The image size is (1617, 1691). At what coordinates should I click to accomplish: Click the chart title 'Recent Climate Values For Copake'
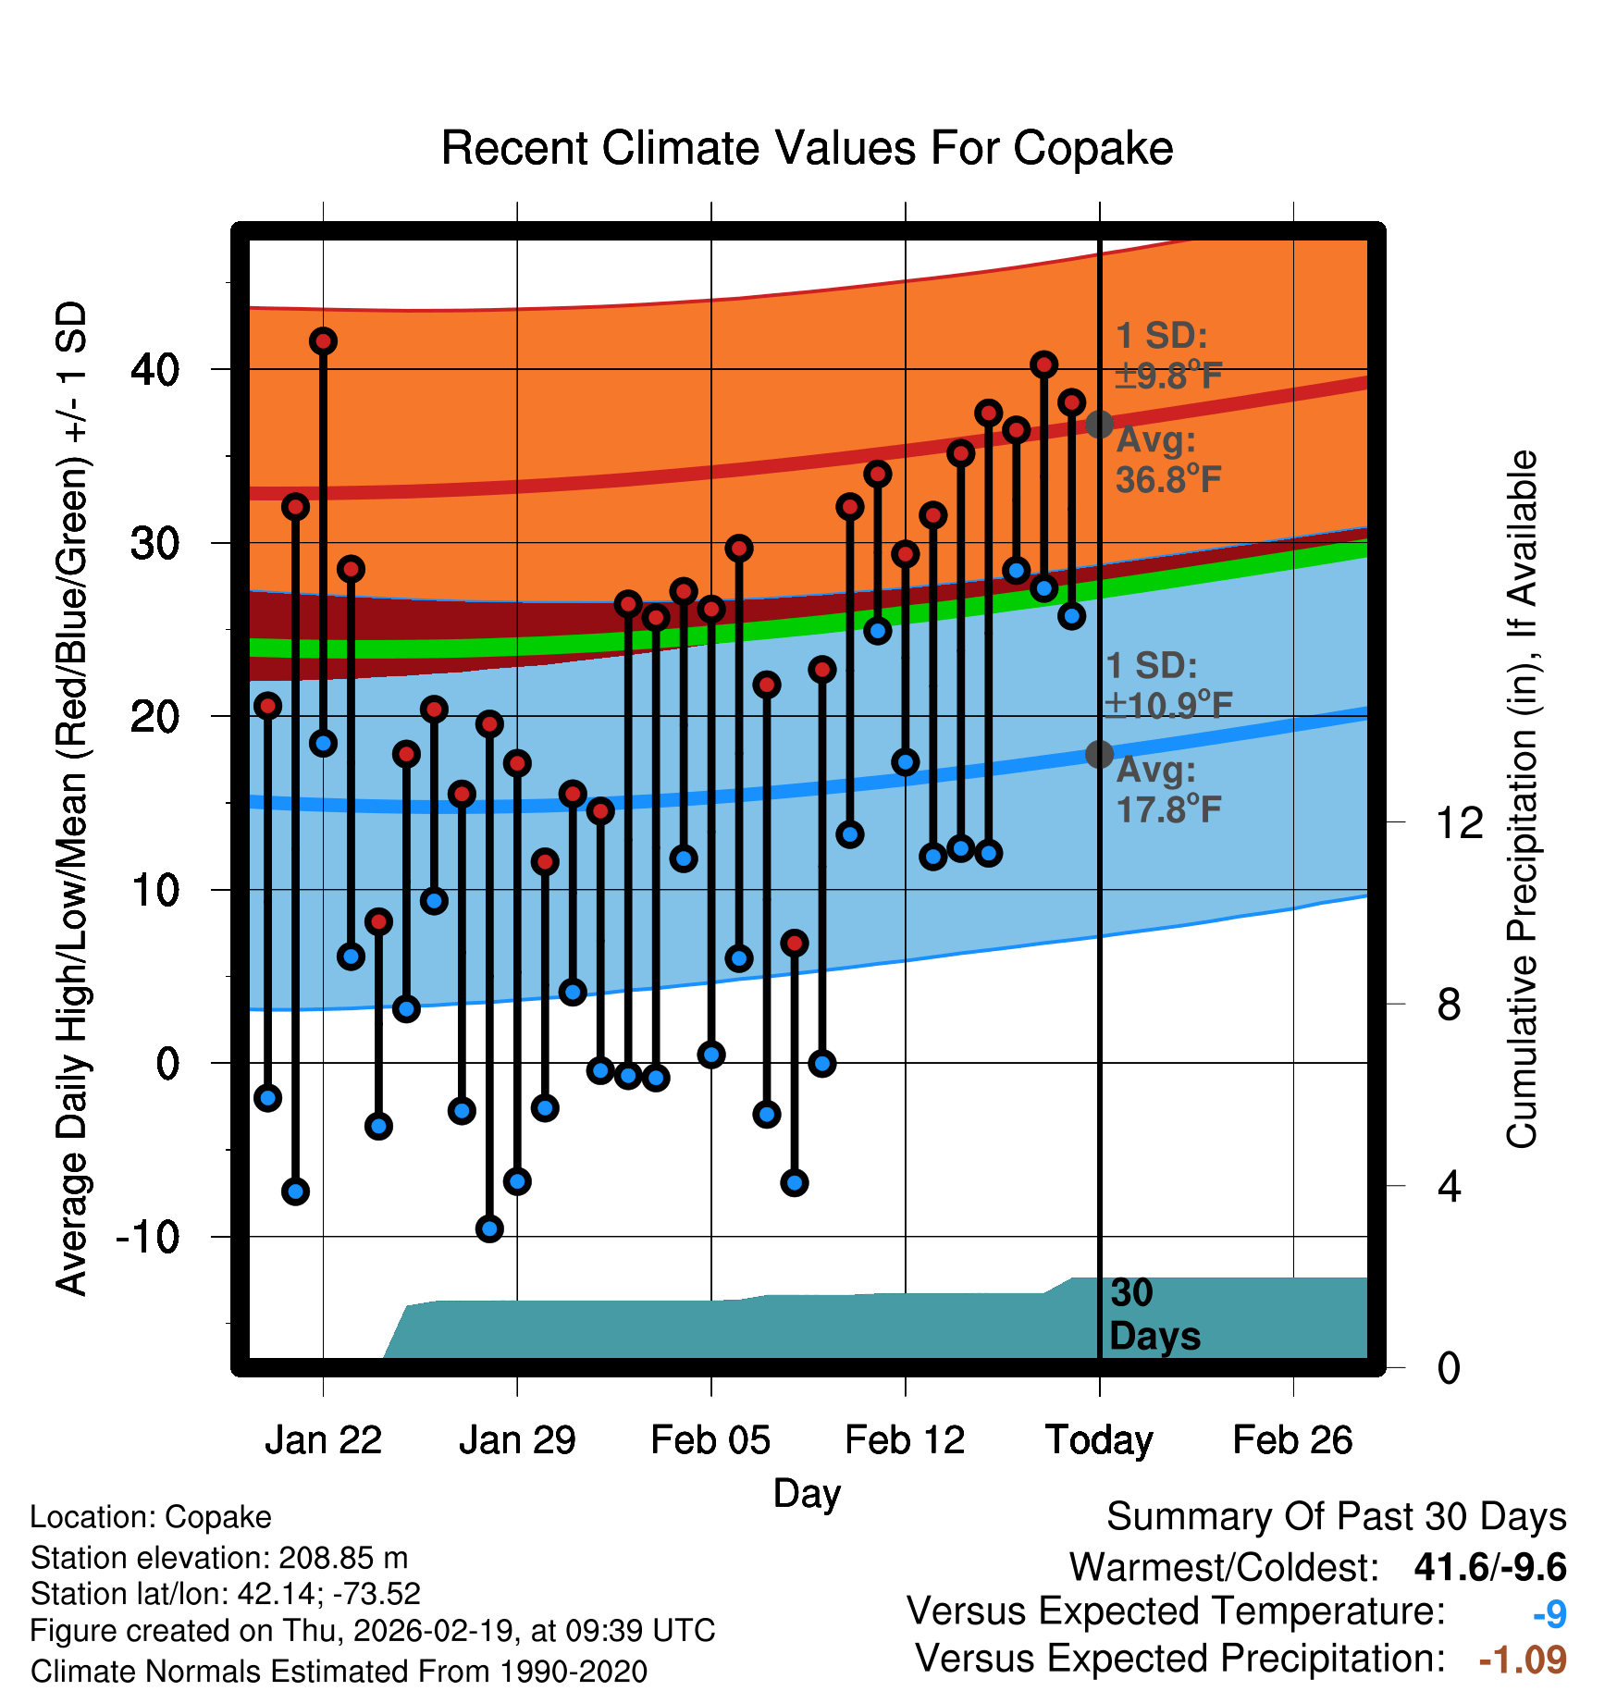(x=807, y=149)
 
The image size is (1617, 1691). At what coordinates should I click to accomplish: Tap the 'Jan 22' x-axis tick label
(x=323, y=1440)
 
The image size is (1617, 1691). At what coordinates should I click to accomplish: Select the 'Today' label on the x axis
(x=1099, y=1440)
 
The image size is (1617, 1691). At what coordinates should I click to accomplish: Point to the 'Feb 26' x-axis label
(x=1292, y=1440)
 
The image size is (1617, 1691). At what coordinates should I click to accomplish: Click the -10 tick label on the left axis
(x=148, y=1237)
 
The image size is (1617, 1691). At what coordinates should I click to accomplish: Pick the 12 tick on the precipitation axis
(x=1459, y=822)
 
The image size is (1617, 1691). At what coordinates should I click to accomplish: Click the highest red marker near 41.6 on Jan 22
(x=323, y=341)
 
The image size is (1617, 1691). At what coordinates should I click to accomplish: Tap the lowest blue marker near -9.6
(x=489, y=1228)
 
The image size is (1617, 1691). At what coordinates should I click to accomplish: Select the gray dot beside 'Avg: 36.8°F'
(x=1099, y=425)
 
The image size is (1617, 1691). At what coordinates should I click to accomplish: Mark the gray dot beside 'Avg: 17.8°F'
(x=1099, y=755)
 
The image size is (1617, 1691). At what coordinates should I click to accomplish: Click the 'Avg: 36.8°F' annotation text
(x=1167, y=460)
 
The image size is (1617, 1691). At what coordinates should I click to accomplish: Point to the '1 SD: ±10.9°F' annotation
(x=1167, y=685)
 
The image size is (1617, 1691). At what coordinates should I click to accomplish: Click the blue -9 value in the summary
(x=1549, y=1614)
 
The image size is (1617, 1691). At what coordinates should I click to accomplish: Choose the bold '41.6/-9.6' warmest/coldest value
(x=1489, y=1567)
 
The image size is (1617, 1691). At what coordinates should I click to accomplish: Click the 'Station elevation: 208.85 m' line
(x=219, y=1558)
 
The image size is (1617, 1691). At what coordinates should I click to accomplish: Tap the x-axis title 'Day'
(x=807, y=1493)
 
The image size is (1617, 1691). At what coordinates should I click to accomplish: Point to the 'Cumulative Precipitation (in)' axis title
(x=1522, y=800)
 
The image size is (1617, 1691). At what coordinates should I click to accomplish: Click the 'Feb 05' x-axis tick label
(x=710, y=1440)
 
